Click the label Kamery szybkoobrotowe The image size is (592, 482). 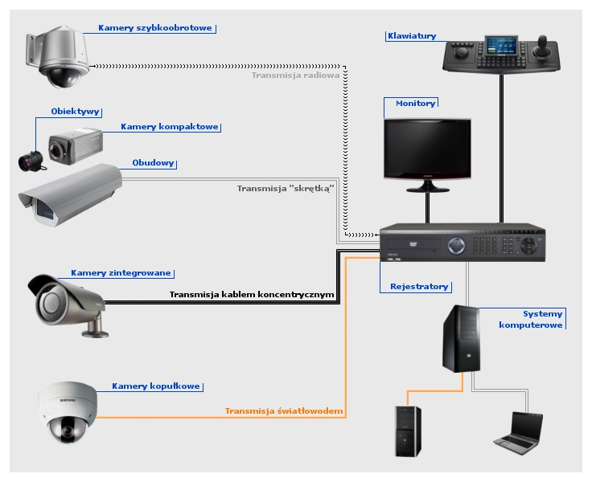coord(155,28)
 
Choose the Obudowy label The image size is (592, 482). coord(153,163)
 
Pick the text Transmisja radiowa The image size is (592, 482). coord(297,76)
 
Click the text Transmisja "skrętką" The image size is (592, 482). coord(285,190)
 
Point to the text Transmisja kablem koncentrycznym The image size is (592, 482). coord(251,295)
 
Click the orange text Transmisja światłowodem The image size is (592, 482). coord(284,411)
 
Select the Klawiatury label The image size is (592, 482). coord(411,36)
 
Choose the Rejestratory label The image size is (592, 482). coord(419,287)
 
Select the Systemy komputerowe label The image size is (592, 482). coord(532,319)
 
